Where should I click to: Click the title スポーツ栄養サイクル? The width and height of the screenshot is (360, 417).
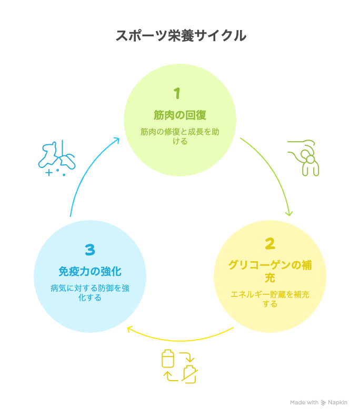pos(181,36)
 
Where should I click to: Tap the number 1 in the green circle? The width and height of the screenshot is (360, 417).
pos(177,94)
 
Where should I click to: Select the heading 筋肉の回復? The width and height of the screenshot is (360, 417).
pos(180,115)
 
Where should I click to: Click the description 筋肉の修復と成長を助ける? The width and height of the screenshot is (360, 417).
pos(180,136)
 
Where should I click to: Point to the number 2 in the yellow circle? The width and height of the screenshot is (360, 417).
pos(270,244)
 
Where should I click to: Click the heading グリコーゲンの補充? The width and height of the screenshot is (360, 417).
pos(270,271)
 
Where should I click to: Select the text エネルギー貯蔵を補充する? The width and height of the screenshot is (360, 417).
pos(270,299)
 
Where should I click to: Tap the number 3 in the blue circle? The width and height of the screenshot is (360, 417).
pos(90,250)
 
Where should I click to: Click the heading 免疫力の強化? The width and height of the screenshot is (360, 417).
pos(90,272)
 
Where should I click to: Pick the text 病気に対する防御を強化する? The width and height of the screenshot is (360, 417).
pos(90,293)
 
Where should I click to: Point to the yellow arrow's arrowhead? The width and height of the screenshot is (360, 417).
pos(129,329)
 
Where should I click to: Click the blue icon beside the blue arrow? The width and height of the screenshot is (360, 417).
pos(57,158)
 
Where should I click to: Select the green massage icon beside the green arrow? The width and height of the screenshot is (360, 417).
pos(303,158)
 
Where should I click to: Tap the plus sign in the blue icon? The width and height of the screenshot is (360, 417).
pos(49,173)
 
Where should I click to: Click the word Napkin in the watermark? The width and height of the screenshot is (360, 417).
pos(337,402)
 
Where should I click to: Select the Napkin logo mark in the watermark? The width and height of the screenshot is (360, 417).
pos(323,403)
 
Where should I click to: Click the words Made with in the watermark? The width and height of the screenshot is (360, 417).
pos(304,402)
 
